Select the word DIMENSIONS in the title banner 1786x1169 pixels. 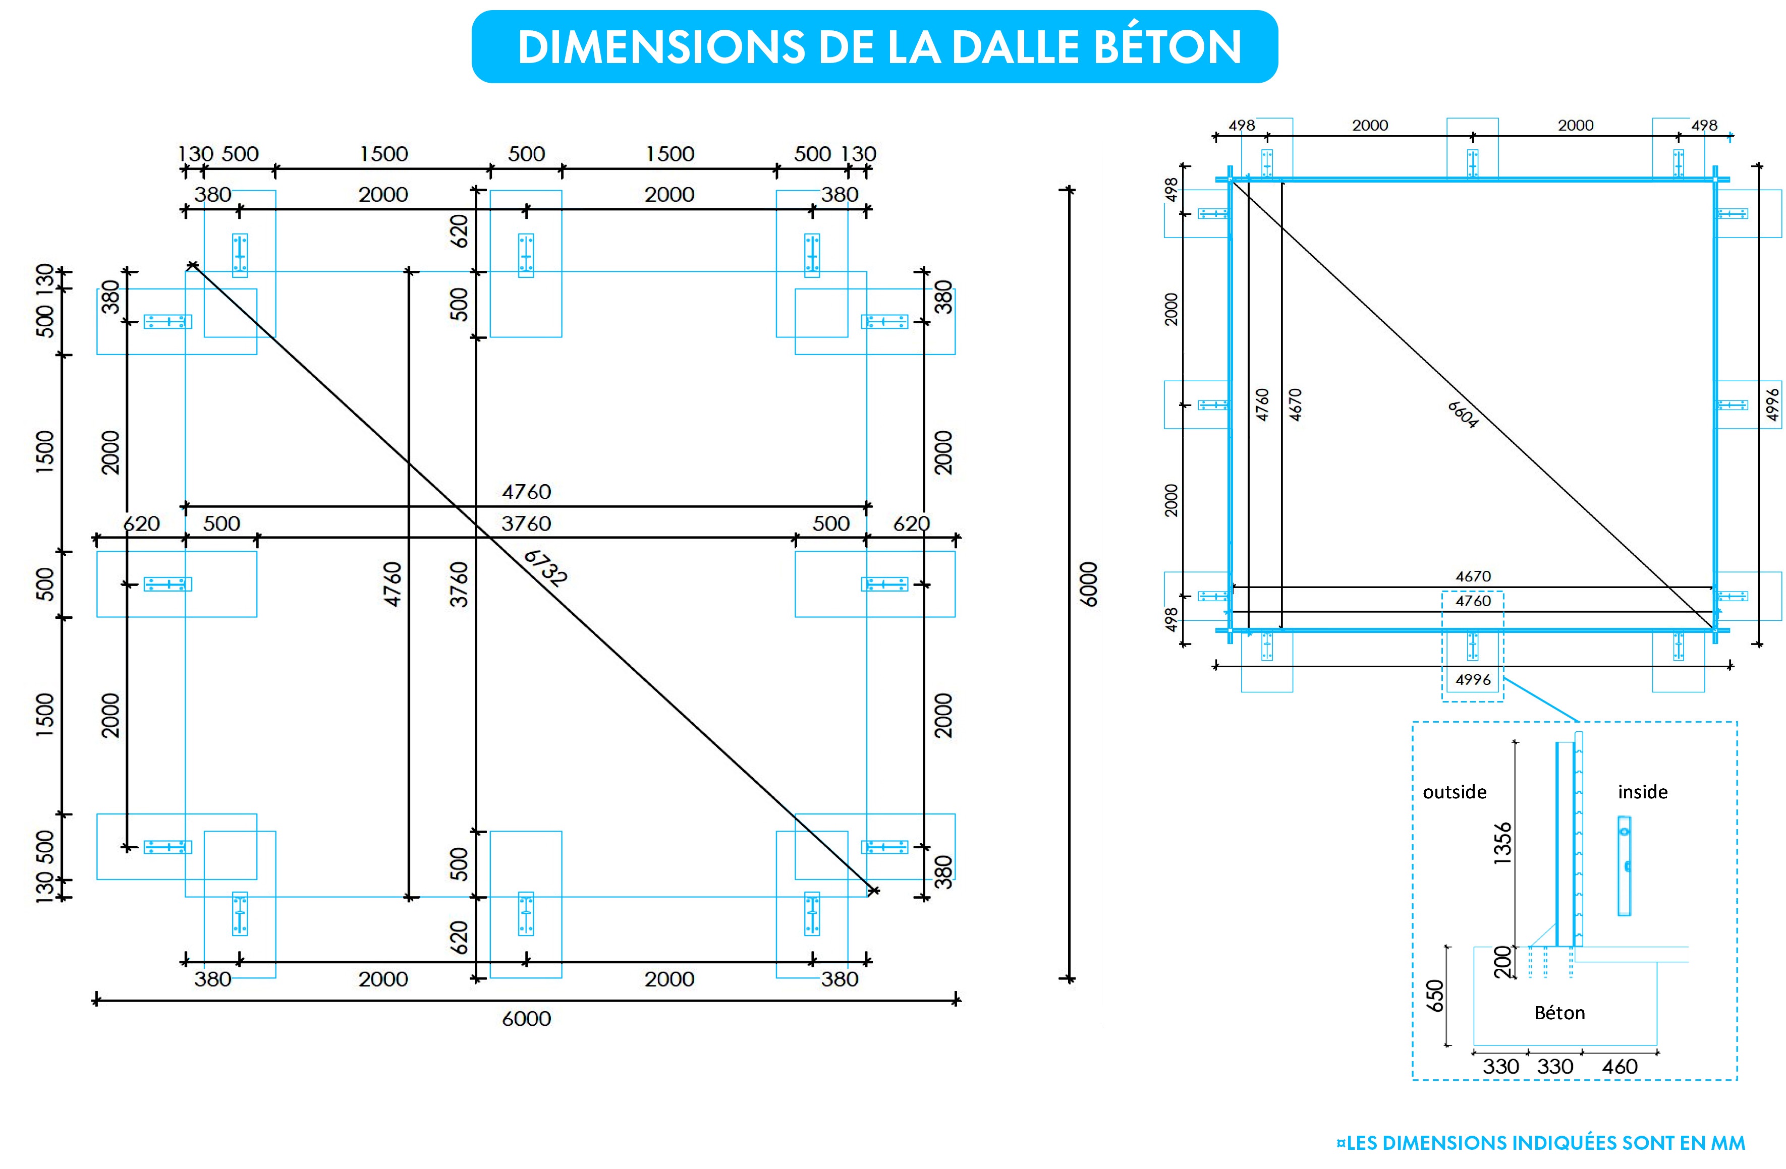click(x=661, y=47)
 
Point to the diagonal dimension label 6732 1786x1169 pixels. click(x=545, y=567)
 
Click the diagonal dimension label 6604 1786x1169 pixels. click(x=1463, y=414)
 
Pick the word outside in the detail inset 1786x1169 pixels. click(x=1455, y=792)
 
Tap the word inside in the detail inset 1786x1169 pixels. click(x=1643, y=792)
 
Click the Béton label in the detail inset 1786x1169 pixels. click(x=1559, y=1013)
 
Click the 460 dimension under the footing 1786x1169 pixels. click(x=1620, y=1066)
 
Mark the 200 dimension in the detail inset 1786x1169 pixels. click(x=1502, y=962)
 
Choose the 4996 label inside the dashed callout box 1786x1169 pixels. click(x=1473, y=680)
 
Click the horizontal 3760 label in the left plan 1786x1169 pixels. click(x=526, y=523)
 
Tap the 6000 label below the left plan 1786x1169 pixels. click(x=526, y=1018)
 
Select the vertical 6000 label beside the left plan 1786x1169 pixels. click(x=1088, y=584)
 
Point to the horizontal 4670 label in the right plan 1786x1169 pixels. click(x=1473, y=576)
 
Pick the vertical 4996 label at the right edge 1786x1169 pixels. click(x=1772, y=404)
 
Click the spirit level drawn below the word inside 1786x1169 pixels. click(x=1624, y=866)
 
